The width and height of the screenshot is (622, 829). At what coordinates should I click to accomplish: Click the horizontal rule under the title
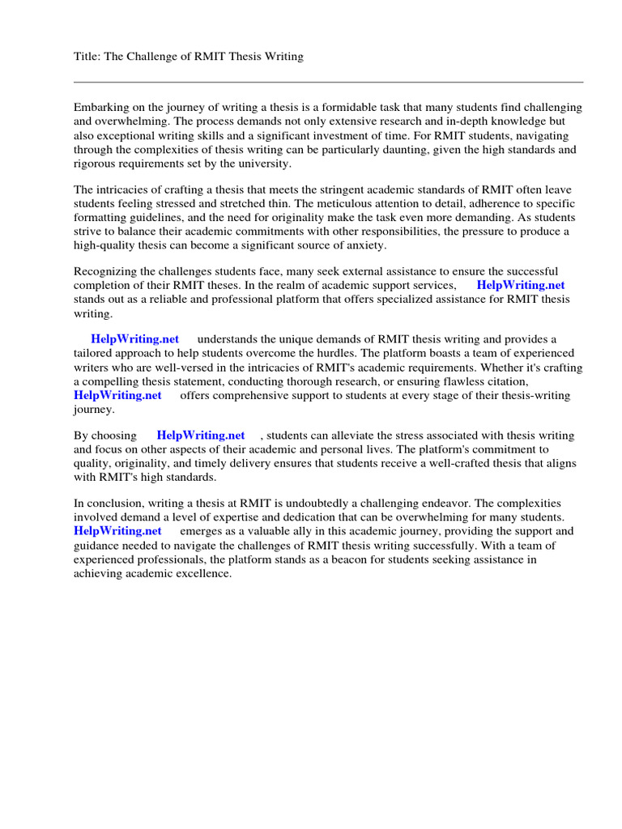pyautogui.click(x=328, y=82)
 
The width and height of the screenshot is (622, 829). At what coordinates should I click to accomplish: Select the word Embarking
pyautogui.click(x=101, y=108)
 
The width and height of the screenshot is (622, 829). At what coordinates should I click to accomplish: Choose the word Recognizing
pyautogui.click(x=108, y=271)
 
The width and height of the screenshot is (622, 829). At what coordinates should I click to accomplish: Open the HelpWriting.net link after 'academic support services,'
pyautogui.click(x=521, y=285)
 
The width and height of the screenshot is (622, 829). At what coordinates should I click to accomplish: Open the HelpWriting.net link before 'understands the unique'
pyautogui.click(x=135, y=339)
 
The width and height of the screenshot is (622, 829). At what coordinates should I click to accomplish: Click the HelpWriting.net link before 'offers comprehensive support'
pyautogui.click(x=118, y=395)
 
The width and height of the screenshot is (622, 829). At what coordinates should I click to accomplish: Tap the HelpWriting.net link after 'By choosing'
pyautogui.click(x=201, y=436)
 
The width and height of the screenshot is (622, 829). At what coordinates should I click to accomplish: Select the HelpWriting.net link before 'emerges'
pyautogui.click(x=118, y=531)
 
